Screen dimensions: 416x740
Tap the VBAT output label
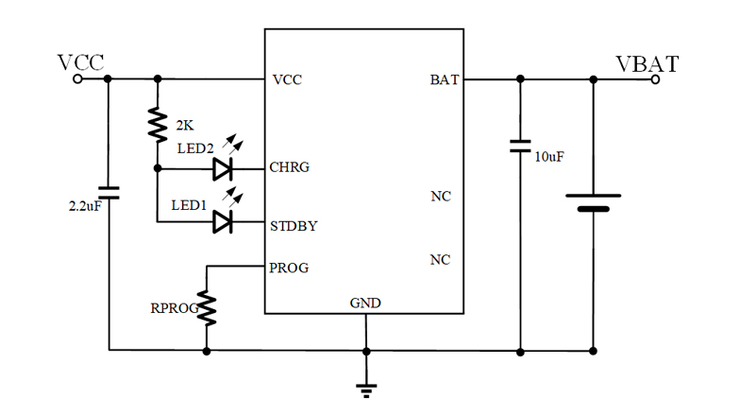point(647,63)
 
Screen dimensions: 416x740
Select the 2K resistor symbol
point(158,125)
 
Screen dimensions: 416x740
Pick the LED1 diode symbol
point(223,222)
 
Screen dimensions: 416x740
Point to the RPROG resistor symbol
point(206,308)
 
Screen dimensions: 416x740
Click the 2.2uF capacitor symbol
point(109,193)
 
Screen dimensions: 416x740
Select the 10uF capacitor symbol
point(519,147)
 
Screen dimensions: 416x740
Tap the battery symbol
point(594,202)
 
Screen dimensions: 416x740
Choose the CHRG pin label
point(290,168)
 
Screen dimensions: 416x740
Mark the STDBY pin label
point(294,226)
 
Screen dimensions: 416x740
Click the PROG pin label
point(289,268)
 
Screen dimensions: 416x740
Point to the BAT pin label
point(445,80)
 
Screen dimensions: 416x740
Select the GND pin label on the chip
point(365,303)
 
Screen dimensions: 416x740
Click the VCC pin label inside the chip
point(287,80)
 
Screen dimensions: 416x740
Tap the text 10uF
point(549,156)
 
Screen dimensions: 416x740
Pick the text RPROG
point(171,308)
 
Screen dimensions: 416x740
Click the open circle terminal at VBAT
point(655,79)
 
